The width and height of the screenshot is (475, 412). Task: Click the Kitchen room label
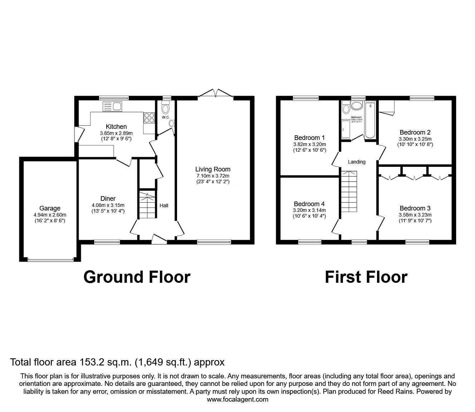click(116, 126)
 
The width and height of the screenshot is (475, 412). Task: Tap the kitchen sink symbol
click(112, 106)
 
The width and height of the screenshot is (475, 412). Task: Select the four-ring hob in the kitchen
click(149, 118)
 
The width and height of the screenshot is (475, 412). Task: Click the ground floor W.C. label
click(165, 117)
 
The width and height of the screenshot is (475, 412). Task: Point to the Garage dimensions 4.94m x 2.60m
click(50, 215)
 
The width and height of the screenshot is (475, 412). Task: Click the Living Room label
click(213, 169)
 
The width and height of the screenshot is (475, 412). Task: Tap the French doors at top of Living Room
click(216, 93)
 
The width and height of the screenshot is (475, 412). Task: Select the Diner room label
click(108, 199)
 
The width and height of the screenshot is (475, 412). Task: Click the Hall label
click(164, 205)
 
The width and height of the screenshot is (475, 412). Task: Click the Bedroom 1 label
click(309, 137)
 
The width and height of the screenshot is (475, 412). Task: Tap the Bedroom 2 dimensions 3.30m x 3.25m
click(415, 139)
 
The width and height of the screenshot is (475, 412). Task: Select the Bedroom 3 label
click(415, 208)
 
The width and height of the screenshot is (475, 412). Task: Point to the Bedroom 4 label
click(309, 204)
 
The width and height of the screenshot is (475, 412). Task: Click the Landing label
click(357, 162)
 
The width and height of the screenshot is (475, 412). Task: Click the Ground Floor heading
click(137, 277)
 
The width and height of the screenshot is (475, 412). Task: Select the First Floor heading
click(366, 277)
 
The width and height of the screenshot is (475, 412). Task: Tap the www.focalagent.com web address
click(237, 399)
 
